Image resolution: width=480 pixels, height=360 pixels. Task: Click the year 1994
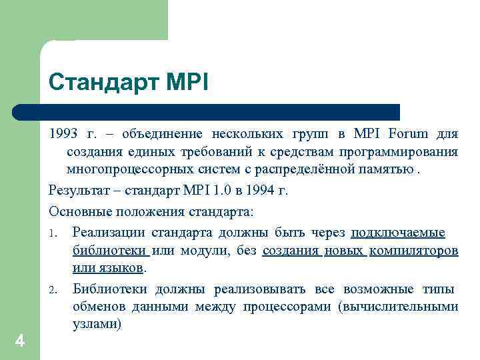point(257,191)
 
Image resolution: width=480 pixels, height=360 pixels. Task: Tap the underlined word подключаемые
point(398,232)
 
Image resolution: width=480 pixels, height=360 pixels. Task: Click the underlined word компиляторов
point(413,251)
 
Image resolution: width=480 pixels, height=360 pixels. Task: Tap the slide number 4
point(19,341)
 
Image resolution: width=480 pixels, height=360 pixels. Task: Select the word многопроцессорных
point(125,169)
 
